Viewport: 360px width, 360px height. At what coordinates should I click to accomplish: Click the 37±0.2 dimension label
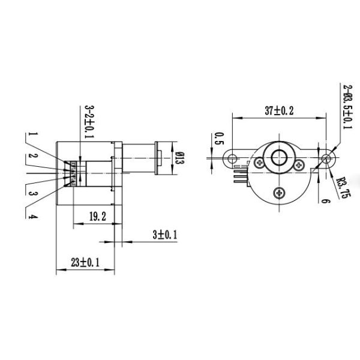(x=279, y=110)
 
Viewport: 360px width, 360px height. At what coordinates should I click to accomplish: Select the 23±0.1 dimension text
(x=85, y=262)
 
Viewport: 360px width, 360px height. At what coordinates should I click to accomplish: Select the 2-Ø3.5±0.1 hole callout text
(x=347, y=107)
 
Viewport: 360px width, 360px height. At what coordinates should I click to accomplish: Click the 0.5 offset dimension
(x=219, y=139)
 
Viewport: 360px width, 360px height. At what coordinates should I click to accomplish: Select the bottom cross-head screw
(x=279, y=193)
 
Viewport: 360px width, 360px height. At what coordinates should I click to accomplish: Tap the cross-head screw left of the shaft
(x=259, y=162)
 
